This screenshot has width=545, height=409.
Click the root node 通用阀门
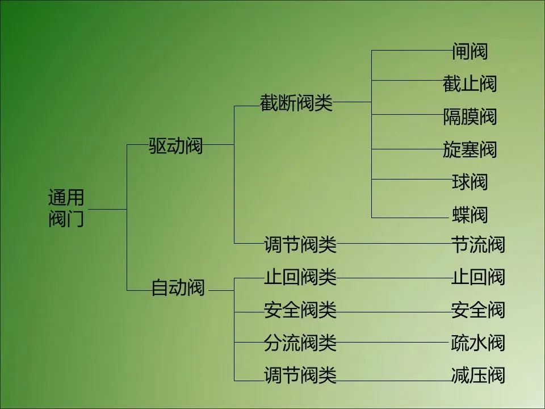66,208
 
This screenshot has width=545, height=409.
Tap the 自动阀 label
178,287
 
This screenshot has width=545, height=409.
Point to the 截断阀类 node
296,103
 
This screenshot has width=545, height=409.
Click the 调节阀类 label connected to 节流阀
300,245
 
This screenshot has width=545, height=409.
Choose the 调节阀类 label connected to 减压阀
300,375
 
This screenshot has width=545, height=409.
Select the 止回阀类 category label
300,278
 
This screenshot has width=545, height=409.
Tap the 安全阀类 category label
300,310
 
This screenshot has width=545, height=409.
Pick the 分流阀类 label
300,343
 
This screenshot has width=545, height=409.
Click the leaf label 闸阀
469,52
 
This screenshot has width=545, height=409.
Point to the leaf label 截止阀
469,84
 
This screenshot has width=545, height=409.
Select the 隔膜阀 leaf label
469,117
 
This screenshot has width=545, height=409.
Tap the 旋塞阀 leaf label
469,149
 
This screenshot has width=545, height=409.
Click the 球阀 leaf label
469,182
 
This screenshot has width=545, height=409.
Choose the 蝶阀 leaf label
469,215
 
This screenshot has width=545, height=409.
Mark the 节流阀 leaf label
477,245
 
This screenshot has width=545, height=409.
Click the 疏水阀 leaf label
477,343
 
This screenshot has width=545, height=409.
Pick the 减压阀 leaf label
477,375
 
